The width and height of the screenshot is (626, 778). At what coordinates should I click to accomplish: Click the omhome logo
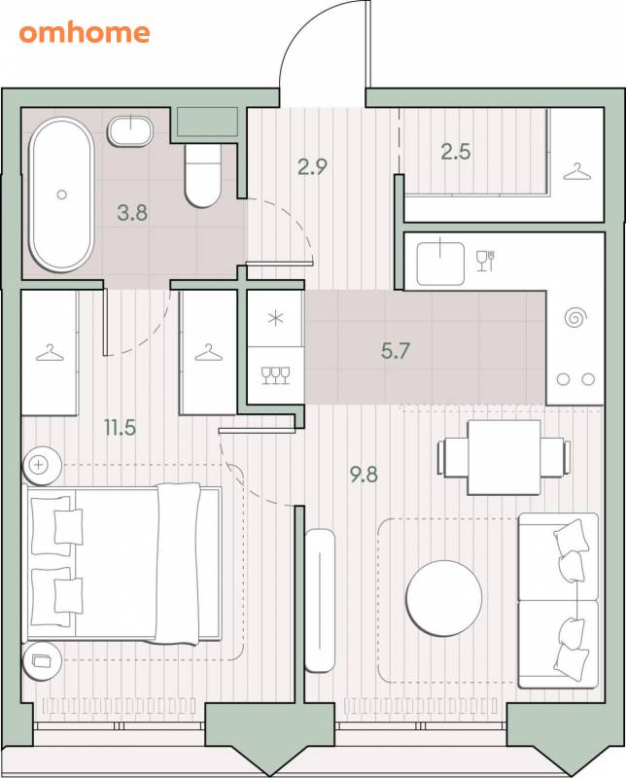tap(85, 33)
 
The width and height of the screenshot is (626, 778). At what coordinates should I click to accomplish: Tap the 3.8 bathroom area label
tap(132, 213)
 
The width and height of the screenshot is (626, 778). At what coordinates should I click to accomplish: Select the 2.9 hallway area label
tap(312, 166)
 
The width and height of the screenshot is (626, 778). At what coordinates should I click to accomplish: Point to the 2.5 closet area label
tap(456, 152)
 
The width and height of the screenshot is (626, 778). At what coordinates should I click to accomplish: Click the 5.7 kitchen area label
tap(396, 351)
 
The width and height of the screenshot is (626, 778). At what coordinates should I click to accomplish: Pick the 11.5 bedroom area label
tap(120, 427)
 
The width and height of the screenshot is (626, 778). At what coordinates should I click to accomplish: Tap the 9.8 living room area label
tap(364, 475)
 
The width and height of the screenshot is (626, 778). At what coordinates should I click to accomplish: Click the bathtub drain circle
tap(61, 194)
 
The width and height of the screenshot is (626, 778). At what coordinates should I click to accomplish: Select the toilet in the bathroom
tap(203, 175)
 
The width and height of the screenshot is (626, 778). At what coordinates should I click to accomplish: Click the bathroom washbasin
tap(130, 131)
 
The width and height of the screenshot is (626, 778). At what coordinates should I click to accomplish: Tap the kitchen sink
tap(440, 264)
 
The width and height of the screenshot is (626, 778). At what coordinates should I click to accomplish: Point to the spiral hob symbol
tap(575, 318)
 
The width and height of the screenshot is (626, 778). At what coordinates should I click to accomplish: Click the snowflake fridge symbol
tap(275, 318)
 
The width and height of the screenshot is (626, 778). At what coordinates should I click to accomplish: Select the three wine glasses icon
tap(275, 375)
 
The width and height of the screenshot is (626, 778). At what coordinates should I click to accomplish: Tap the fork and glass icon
tap(486, 261)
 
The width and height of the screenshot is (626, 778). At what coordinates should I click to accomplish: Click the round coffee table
tap(444, 598)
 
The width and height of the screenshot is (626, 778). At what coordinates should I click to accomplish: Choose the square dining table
tap(504, 457)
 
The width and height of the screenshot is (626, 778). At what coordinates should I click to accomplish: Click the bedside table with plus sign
tap(42, 466)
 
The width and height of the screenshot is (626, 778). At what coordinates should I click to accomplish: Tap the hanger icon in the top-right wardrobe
tap(577, 172)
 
